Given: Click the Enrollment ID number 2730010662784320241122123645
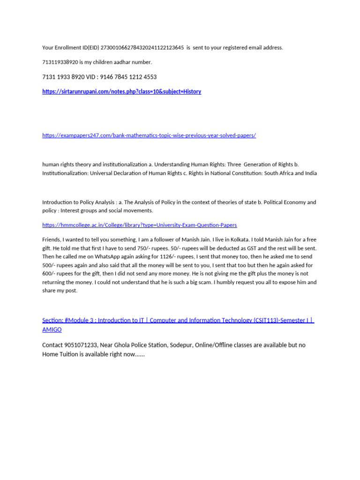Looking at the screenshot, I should click(x=142, y=47).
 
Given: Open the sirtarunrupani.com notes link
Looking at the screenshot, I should click(x=121, y=91).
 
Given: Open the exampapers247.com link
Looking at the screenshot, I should click(x=149, y=135).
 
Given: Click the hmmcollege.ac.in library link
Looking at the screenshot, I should click(x=139, y=225).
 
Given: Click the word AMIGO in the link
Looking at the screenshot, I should click(x=52, y=330).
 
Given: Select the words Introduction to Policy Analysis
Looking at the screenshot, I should click(x=75, y=202).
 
